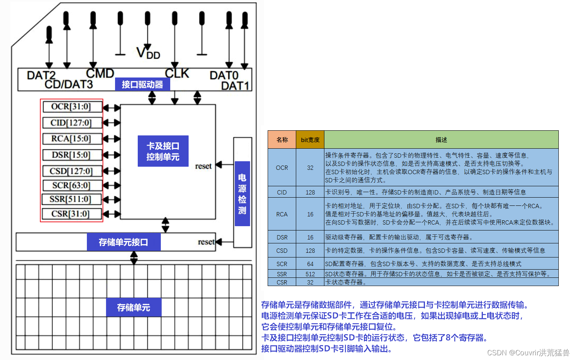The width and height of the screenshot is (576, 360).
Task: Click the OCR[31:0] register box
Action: point(72,106)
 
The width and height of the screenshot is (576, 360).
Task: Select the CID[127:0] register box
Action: point(72,123)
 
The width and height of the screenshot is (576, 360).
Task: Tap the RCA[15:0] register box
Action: point(72,139)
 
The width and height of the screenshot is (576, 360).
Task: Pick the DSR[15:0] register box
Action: point(72,155)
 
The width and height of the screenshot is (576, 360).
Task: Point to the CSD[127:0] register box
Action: point(72,171)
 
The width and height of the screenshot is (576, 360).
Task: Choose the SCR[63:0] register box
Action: point(72,185)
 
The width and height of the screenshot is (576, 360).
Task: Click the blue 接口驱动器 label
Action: point(142,85)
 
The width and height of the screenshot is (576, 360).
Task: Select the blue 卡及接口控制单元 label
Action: point(163,151)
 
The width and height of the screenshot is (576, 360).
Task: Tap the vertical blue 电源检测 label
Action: point(242,194)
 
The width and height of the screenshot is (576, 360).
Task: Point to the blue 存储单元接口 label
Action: point(124,242)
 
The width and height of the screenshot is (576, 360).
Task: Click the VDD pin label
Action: point(148,53)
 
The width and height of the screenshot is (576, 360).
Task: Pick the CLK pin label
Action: point(177,73)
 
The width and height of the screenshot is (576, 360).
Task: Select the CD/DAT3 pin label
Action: point(69,85)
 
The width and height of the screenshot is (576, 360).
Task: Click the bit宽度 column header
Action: point(310,140)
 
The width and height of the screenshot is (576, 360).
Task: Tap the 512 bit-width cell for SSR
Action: point(310,274)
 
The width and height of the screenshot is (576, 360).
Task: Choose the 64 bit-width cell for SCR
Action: point(310,264)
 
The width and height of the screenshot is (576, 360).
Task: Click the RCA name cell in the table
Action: point(282,214)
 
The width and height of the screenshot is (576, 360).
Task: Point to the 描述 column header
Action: point(441,140)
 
